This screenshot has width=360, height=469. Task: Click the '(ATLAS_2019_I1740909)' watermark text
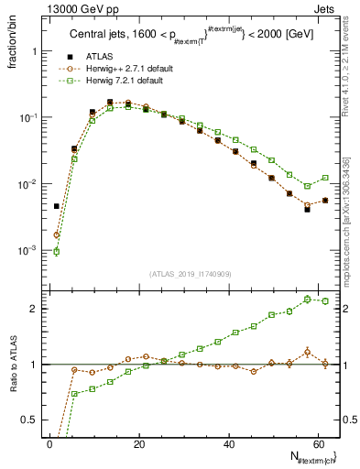(x=190, y=273)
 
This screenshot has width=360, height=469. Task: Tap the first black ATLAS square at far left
(x=56, y=206)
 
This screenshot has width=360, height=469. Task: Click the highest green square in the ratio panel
(x=308, y=299)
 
